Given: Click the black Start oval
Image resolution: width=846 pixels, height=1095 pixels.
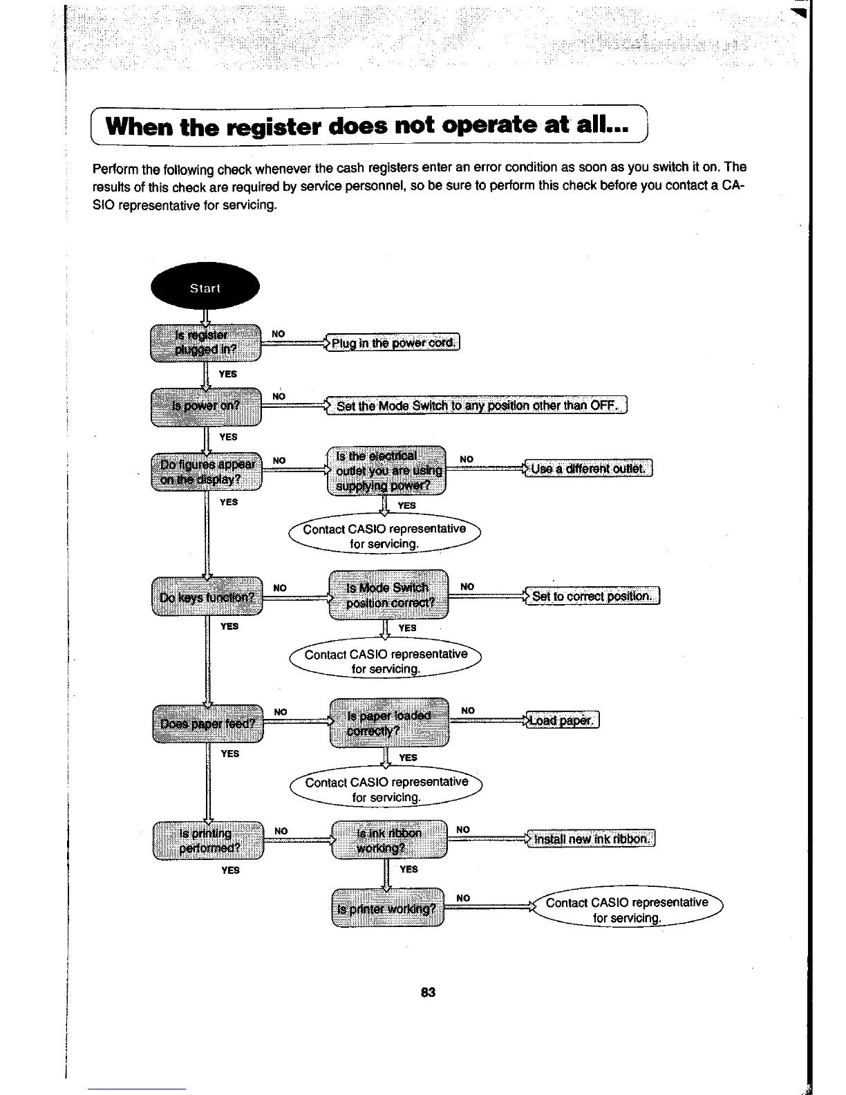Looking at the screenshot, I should [x=205, y=288].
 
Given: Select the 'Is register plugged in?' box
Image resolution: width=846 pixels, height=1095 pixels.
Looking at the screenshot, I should [x=205, y=342].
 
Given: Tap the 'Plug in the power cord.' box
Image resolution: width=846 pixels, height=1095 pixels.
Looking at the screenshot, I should [x=393, y=343].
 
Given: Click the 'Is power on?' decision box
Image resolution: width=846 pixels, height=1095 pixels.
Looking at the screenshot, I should [x=205, y=406].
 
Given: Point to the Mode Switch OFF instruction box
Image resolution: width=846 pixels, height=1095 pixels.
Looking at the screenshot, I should [x=478, y=405].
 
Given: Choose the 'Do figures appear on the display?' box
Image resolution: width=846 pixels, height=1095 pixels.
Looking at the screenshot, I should [x=205, y=471].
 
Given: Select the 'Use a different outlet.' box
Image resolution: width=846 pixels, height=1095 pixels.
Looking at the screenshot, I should [x=588, y=469].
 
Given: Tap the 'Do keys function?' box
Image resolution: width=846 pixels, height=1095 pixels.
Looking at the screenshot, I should [x=207, y=596].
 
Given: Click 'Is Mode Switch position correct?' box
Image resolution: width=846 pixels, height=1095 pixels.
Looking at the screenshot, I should [x=388, y=595].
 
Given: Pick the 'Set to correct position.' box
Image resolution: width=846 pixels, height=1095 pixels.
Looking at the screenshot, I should [x=592, y=596].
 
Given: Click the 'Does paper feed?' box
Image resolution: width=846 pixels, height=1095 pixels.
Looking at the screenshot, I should [x=207, y=723].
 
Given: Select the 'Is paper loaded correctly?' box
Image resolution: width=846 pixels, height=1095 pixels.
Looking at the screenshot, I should [x=389, y=722].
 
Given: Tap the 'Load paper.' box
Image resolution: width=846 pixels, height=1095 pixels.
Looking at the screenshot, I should [x=563, y=720].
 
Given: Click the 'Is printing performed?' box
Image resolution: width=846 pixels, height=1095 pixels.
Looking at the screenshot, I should [x=208, y=841].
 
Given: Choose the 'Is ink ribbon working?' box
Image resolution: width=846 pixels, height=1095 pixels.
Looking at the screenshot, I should [x=388, y=840].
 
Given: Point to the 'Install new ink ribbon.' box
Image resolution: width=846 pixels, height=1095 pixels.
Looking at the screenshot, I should [x=590, y=839].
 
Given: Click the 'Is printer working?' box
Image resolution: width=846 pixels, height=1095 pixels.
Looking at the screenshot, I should [x=387, y=908].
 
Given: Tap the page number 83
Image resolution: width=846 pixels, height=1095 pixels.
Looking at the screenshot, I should [x=428, y=993].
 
